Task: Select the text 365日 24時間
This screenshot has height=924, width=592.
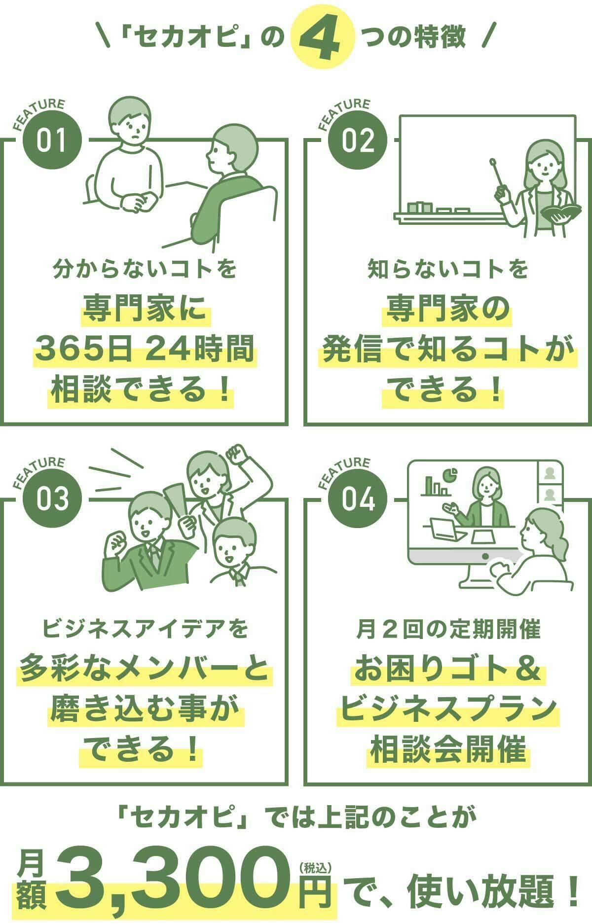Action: (x=145, y=349)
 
